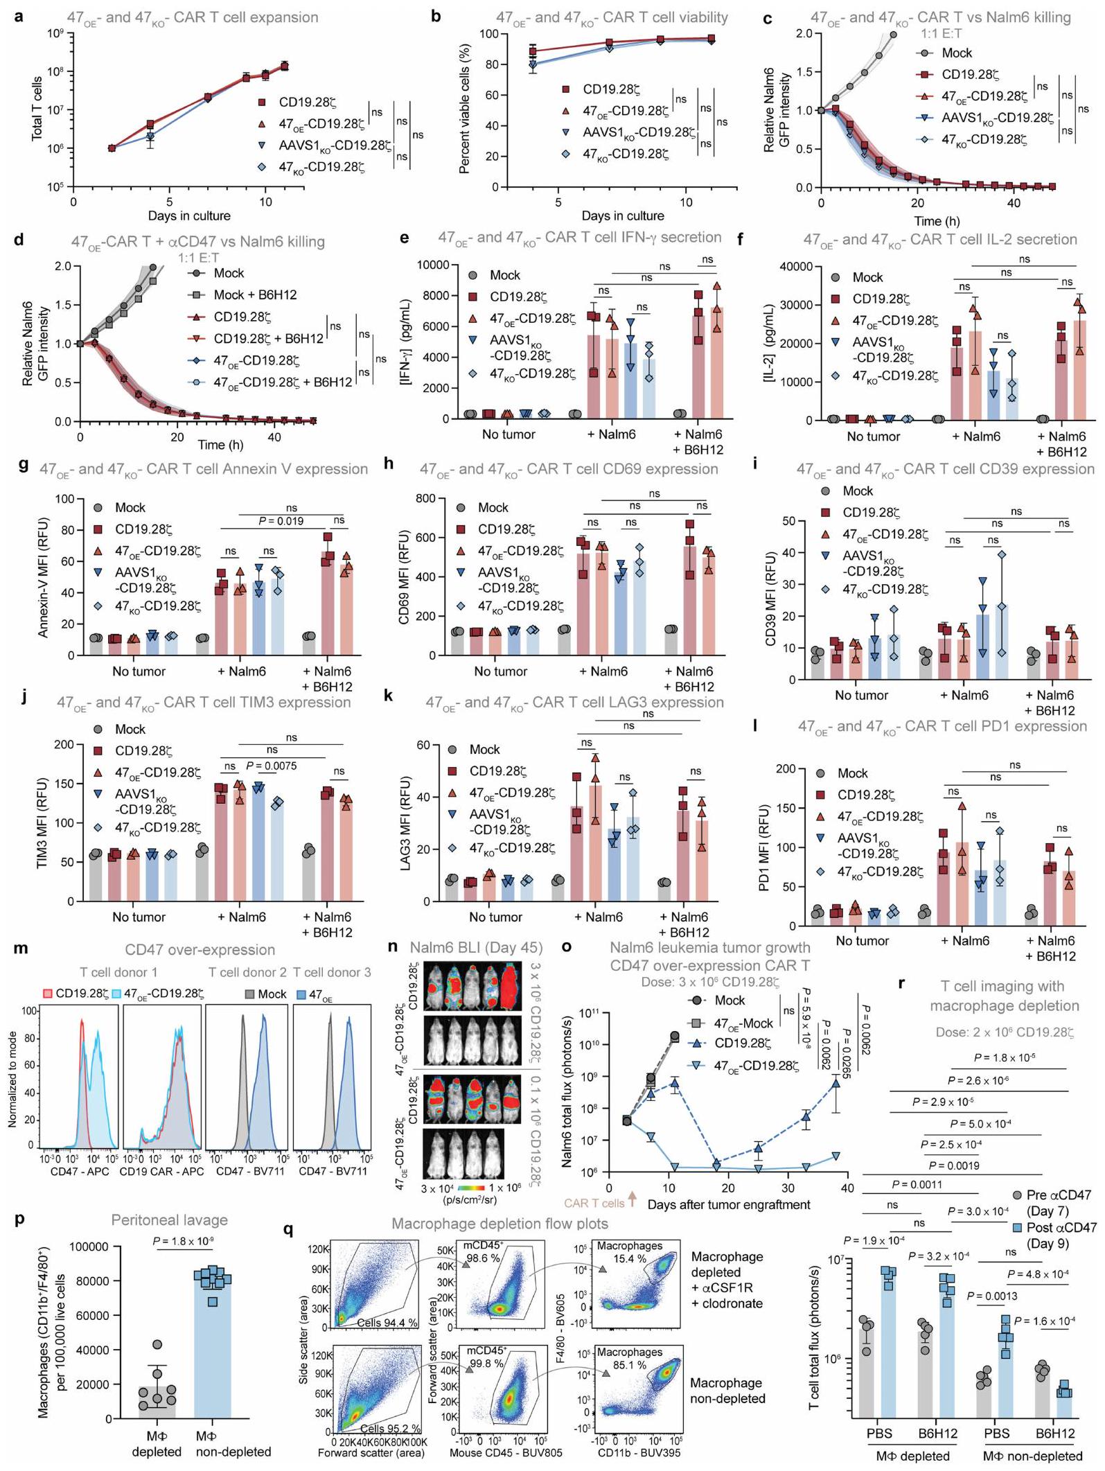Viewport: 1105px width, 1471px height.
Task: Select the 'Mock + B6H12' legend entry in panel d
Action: (x=255, y=294)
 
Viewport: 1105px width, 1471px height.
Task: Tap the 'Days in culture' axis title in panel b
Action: (x=622, y=215)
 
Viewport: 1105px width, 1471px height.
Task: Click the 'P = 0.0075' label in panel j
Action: (x=272, y=766)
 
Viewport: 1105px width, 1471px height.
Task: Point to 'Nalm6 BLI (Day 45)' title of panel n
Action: (x=476, y=948)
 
